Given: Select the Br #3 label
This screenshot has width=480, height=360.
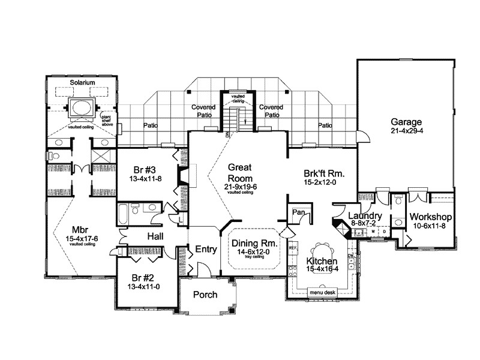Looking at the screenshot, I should coord(141,170).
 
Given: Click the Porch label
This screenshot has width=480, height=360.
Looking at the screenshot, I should coord(205,295).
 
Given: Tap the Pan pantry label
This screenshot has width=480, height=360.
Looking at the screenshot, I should coord(298,212).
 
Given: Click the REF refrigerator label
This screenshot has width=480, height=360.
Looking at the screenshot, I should coord(293,247).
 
